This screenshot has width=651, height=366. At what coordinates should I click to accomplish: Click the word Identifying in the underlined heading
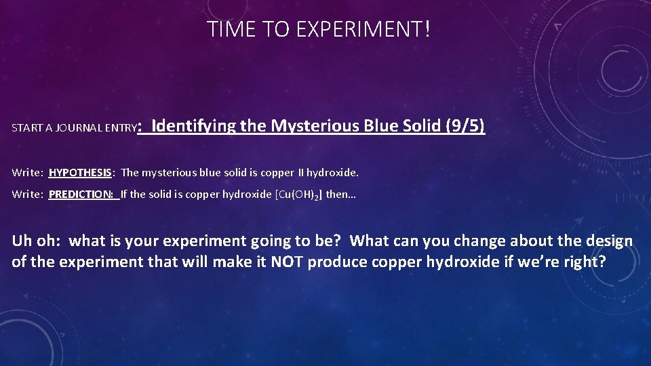pyautogui.click(x=187, y=126)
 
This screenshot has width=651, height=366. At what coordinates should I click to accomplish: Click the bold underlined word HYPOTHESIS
pyautogui.click(x=80, y=173)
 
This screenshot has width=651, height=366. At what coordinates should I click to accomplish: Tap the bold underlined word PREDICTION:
pyautogui.click(x=83, y=195)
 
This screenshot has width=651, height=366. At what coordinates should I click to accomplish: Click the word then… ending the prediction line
pyautogui.click(x=341, y=195)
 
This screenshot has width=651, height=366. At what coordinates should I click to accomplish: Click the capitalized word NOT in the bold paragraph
pyautogui.click(x=288, y=262)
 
